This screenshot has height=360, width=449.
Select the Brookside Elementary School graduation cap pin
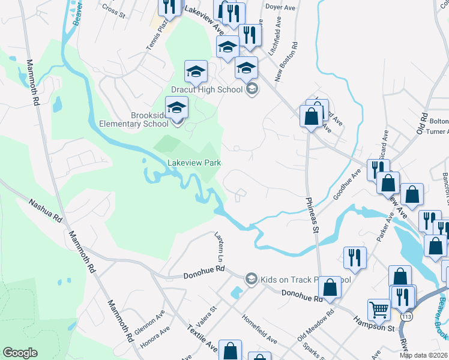click(x=176, y=108)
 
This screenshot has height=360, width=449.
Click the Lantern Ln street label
click(x=220, y=247)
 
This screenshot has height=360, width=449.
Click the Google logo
click(x=20, y=353)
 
